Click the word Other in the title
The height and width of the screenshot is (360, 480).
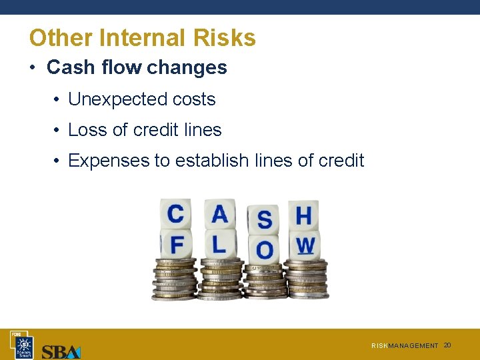click(x=61, y=38)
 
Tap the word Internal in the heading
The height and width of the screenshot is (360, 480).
click(x=142, y=38)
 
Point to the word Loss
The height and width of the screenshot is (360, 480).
click(x=87, y=130)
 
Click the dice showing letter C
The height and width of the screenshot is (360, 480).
click(x=176, y=215)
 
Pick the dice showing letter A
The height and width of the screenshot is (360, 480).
click(x=219, y=215)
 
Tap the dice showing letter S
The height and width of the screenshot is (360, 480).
click(x=265, y=219)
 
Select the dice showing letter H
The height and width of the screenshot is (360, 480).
click(x=303, y=216)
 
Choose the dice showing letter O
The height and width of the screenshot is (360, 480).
click(x=265, y=249)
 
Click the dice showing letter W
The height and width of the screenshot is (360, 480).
click(x=305, y=245)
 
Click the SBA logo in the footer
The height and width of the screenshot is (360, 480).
click(x=61, y=351)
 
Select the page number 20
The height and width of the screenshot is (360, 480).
click(x=447, y=345)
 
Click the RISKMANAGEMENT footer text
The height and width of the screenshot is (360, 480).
click(x=405, y=346)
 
